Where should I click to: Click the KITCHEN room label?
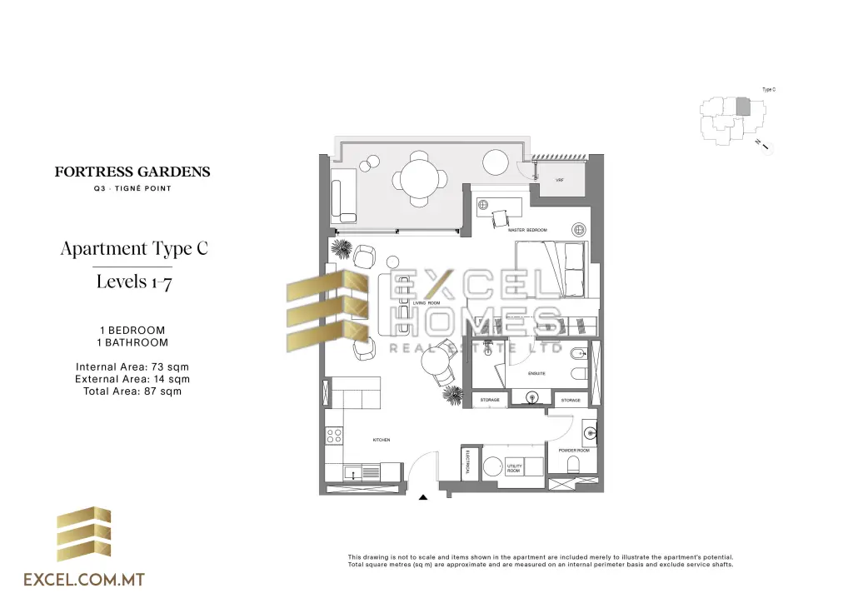(x=382, y=440)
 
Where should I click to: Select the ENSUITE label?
(x=536, y=373)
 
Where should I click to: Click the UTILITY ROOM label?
(x=514, y=468)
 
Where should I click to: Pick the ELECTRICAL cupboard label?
(x=468, y=462)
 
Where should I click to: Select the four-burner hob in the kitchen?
(x=335, y=434)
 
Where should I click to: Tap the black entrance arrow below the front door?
(x=423, y=497)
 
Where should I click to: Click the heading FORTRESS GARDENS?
(x=132, y=172)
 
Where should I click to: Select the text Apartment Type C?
(x=133, y=248)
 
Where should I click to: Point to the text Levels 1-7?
(x=133, y=281)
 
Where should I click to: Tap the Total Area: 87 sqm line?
(x=132, y=391)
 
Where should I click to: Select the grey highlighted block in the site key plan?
(x=743, y=107)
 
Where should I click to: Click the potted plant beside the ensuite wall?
(x=452, y=393)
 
